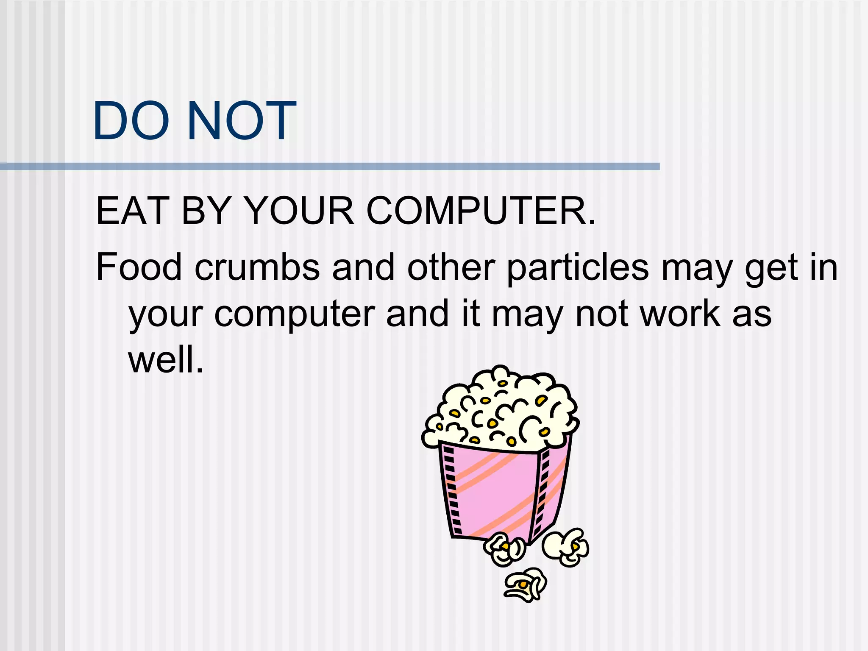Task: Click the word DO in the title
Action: tap(131, 121)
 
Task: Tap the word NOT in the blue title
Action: tap(242, 121)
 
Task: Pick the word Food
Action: tap(139, 267)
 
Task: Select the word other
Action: tap(451, 267)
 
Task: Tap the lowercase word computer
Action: tap(295, 315)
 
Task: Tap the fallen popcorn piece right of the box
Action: tap(566, 547)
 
